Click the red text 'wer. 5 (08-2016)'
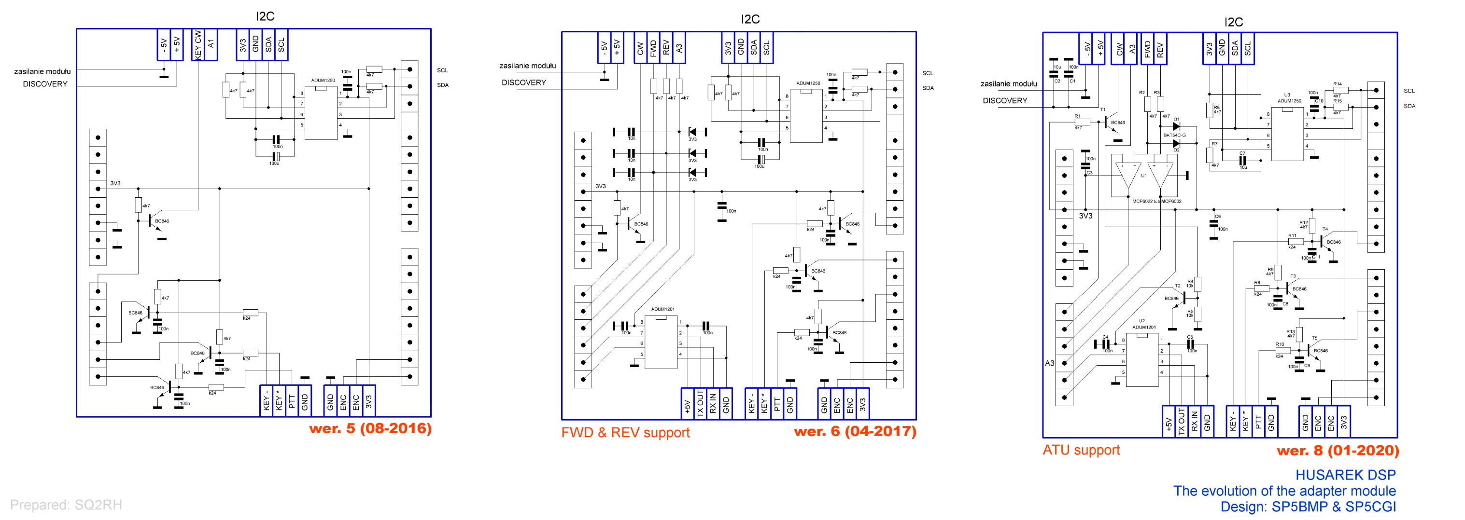click(370, 428)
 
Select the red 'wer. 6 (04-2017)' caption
click(855, 431)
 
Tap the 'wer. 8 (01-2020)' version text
click(1338, 451)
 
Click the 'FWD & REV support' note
click(625, 433)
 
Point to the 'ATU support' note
click(1081, 450)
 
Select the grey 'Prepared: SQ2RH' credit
click(66, 505)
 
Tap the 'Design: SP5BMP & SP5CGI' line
click(1308, 506)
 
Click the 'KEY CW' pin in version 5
click(197, 44)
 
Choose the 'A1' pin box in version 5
click(211, 44)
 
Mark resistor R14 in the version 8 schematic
click(1340, 90)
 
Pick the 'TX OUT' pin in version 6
click(701, 404)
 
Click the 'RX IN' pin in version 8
click(1194, 422)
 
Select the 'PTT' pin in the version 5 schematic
click(292, 401)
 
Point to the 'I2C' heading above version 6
click(750, 19)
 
